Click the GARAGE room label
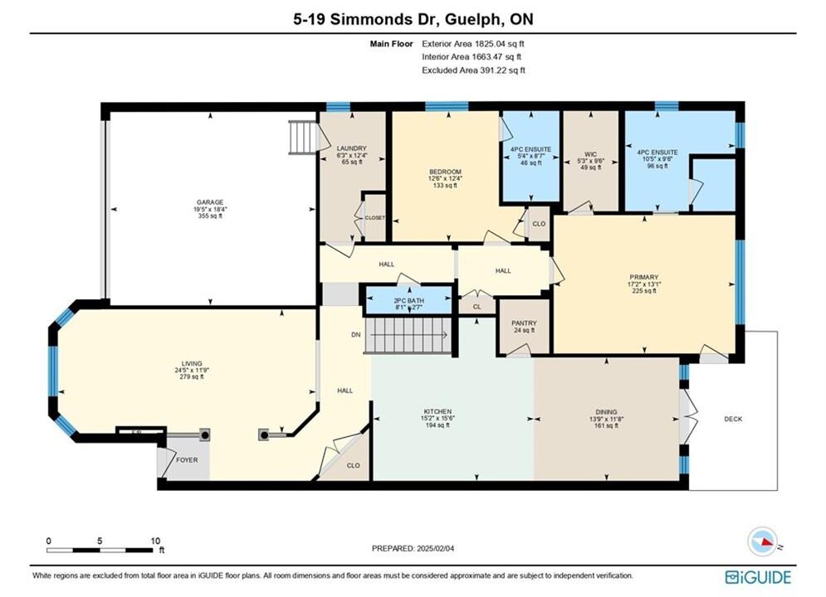click(210, 202)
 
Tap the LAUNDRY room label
click(351, 148)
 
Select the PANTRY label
click(524, 323)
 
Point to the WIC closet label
click(590, 155)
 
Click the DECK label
click(733, 420)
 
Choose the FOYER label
click(187, 459)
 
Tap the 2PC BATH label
click(408, 301)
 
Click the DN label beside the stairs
click(356, 334)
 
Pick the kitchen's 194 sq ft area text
click(437, 425)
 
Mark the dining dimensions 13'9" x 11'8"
click(606, 420)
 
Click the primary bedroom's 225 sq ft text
click(643, 290)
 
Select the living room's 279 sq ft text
click(192, 376)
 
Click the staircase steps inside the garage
click(302, 138)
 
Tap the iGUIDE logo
click(758, 577)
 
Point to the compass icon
click(762, 541)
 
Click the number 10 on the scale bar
click(155, 541)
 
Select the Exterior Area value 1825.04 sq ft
click(500, 44)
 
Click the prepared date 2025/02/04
click(435, 548)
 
